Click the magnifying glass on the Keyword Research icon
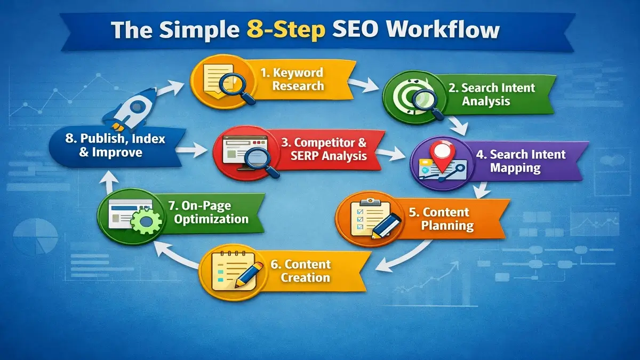238,85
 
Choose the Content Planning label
447,219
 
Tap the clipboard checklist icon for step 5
367,219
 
